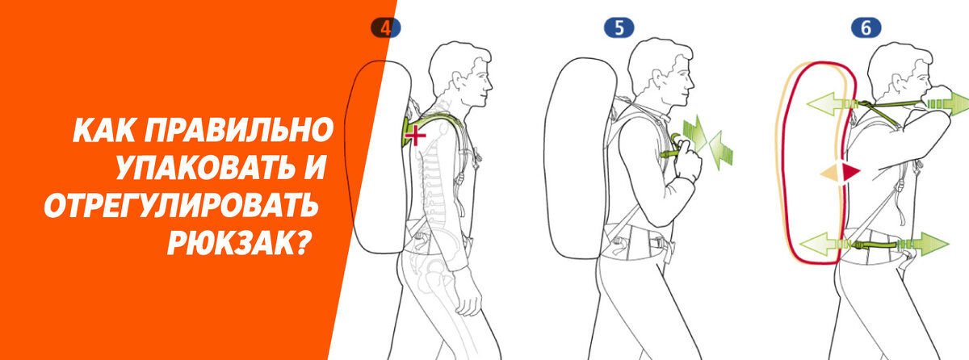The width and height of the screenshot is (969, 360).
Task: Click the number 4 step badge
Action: (385, 28)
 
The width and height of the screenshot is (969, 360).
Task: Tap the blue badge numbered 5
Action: (619, 28)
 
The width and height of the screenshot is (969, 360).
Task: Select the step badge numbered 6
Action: (866, 28)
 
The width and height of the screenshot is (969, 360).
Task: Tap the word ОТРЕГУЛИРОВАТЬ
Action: (181, 204)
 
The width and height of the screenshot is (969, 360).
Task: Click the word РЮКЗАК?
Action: (240, 242)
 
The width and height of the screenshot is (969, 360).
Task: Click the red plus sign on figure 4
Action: (415, 136)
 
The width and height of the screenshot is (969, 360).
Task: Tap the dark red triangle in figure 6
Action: (850, 173)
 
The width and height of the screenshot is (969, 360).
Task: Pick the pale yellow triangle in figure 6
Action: (830, 173)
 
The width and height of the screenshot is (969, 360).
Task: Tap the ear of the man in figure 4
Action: (458, 81)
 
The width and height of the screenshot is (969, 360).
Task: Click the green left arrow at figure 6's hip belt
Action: (820, 245)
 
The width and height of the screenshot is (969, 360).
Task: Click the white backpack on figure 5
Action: (581, 158)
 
